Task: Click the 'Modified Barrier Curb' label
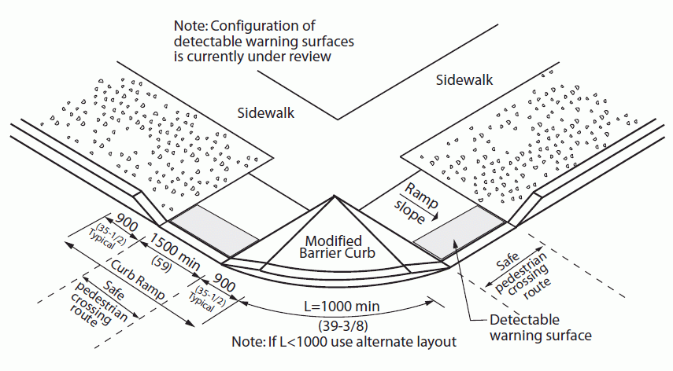click(335, 247)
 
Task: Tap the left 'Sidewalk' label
click(265, 113)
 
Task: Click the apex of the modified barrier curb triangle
click(335, 196)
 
